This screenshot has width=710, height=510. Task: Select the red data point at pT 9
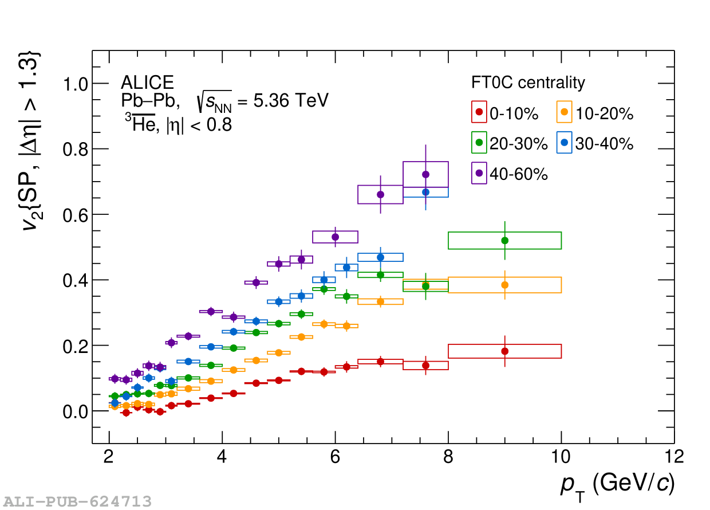pyautogui.click(x=504, y=351)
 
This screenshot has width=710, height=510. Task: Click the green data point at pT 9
pyautogui.click(x=504, y=240)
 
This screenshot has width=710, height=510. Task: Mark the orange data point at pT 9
pyautogui.click(x=504, y=285)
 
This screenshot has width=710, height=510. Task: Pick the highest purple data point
pyautogui.click(x=425, y=174)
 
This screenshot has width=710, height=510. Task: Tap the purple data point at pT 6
pyautogui.click(x=336, y=237)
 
